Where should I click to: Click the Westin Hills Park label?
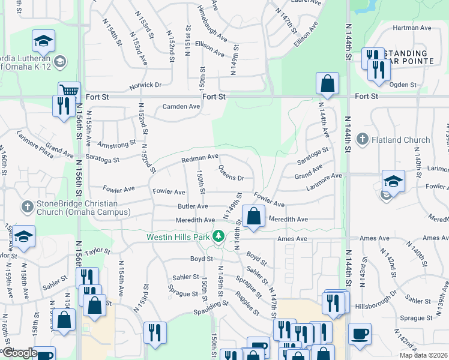pyautogui.click(x=179, y=237)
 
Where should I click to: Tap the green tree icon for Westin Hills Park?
pyautogui.click(x=220, y=237)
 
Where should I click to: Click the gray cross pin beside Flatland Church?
pyautogui.click(x=362, y=140)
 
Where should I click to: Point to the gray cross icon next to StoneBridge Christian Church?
pyautogui.click(x=27, y=207)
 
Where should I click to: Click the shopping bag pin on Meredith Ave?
pyautogui.click(x=254, y=216)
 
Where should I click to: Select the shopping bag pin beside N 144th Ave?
pyautogui.click(x=328, y=83)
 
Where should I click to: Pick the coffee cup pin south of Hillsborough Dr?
pyautogui.click(x=360, y=334)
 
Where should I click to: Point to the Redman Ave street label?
pyautogui.click(x=200, y=158)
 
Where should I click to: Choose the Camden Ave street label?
pyautogui.click(x=182, y=107)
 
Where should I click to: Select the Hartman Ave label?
pyautogui.click(x=412, y=28)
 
